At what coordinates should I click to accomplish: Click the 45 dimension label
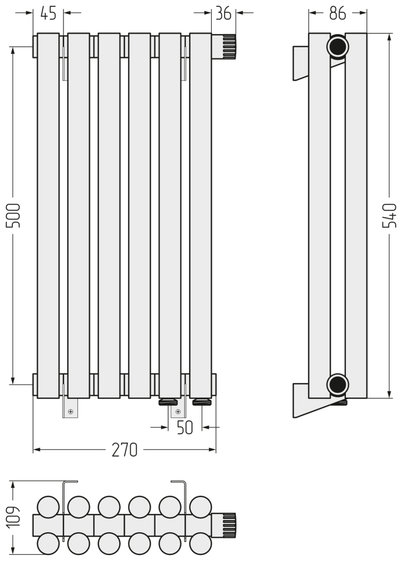48,13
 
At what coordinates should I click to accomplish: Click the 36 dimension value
223,13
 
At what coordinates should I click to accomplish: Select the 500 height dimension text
13,215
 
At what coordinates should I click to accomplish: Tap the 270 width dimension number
125,450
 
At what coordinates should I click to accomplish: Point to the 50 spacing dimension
185,427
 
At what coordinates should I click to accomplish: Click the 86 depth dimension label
337,13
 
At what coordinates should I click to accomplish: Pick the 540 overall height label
390,215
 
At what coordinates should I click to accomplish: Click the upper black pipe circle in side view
337,47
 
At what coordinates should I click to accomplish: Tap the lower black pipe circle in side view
337,385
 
